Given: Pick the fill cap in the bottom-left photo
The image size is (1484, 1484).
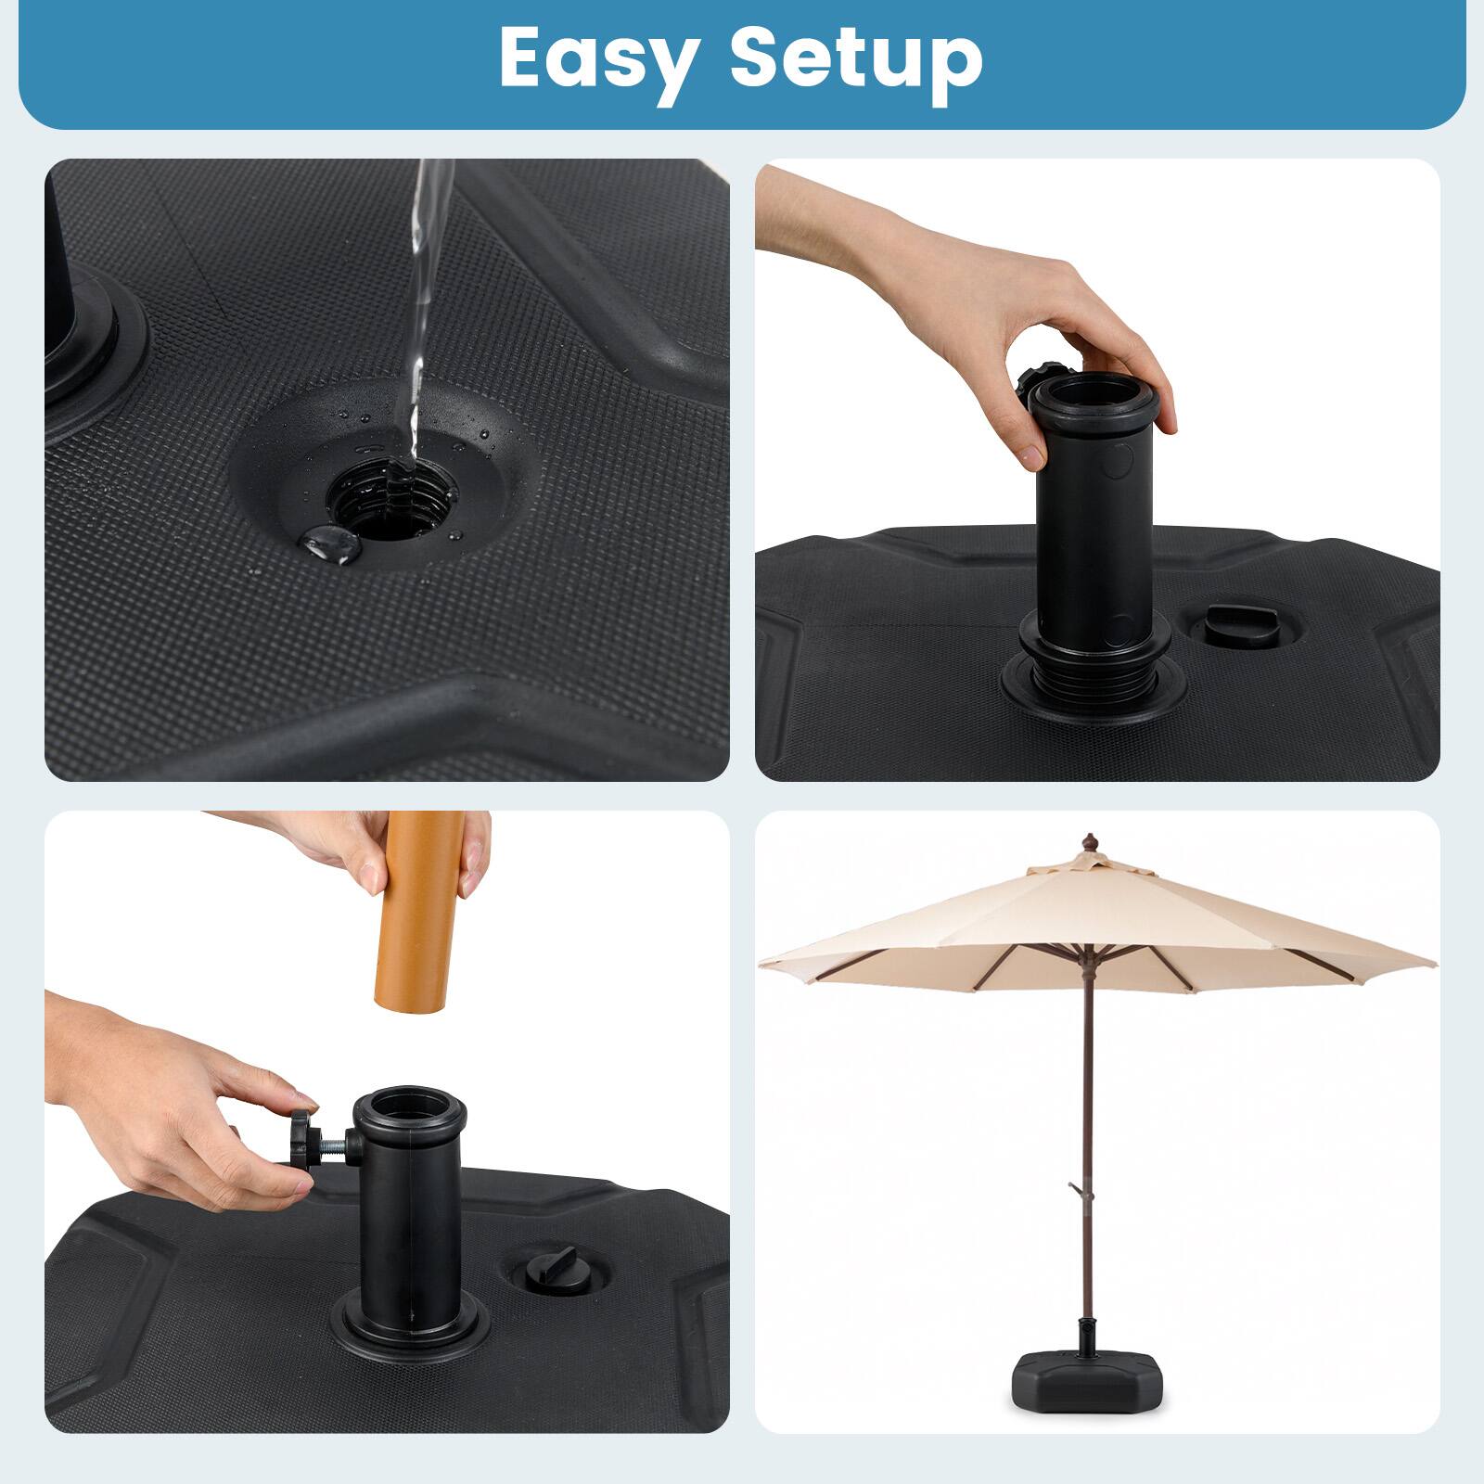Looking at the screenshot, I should [547, 1270].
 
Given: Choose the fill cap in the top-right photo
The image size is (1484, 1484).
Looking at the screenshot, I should [1226, 629].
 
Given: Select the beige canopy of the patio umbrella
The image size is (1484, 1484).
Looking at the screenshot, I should [1094, 918].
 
